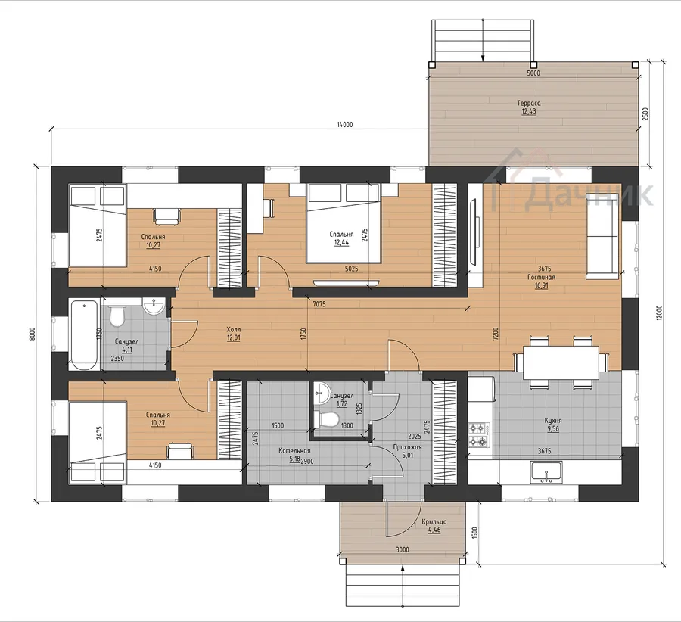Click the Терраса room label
coord(529,104)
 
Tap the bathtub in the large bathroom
coord(84,334)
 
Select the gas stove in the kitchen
coord(479,436)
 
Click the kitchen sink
coord(546,472)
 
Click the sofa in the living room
coord(602,236)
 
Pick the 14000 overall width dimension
coord(345,125)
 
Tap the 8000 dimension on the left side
coord(33,334)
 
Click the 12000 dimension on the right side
coord(659,313)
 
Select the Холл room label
coord(234,330)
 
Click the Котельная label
coord(294,451)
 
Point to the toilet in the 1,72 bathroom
coord(329,420)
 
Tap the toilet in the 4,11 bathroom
coord(117,316)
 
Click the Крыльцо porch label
coord(434,521)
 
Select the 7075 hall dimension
coord(319,304)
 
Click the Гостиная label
coord(541,277)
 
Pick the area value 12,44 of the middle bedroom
coord(341,243)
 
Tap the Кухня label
coord(553,421)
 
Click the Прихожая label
coord(407,447)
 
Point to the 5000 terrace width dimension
coord(533,73)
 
